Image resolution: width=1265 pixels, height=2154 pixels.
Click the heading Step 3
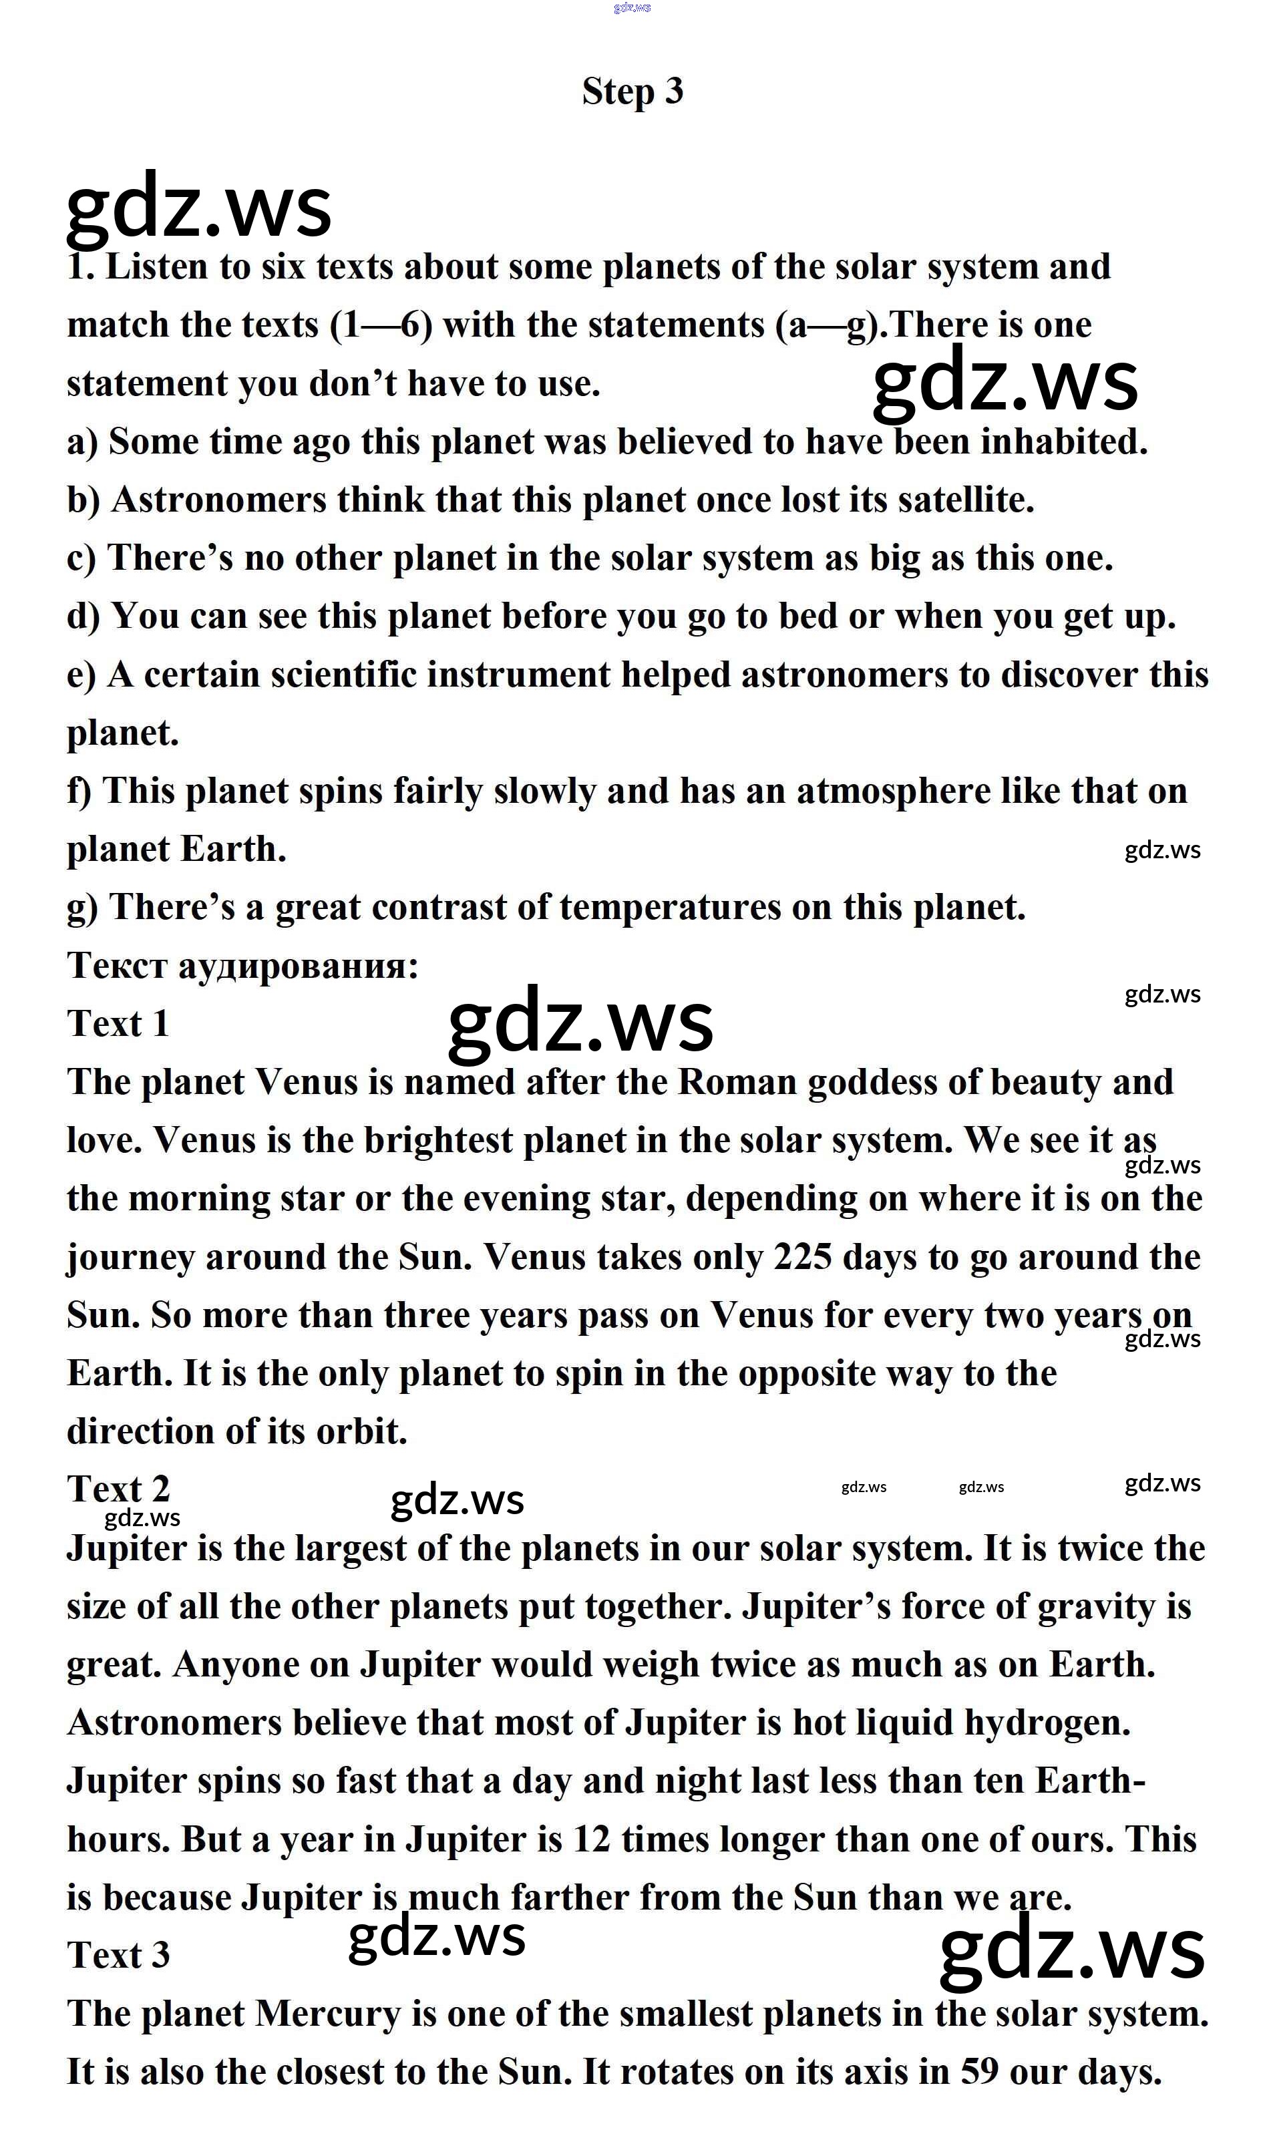click(x=632, y=92)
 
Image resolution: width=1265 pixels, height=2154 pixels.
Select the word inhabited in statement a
click(x=1063, y=442)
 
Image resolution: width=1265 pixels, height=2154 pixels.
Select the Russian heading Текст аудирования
click(x=242, y=966)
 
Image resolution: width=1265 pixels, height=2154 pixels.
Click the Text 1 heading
click(x=118, y=1024)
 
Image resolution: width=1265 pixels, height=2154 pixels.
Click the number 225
click(x=803, y=1258)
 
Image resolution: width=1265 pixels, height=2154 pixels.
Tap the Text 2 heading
click(x=118, y=1490)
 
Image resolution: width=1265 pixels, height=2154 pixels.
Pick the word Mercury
click(x=327, y=2014)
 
